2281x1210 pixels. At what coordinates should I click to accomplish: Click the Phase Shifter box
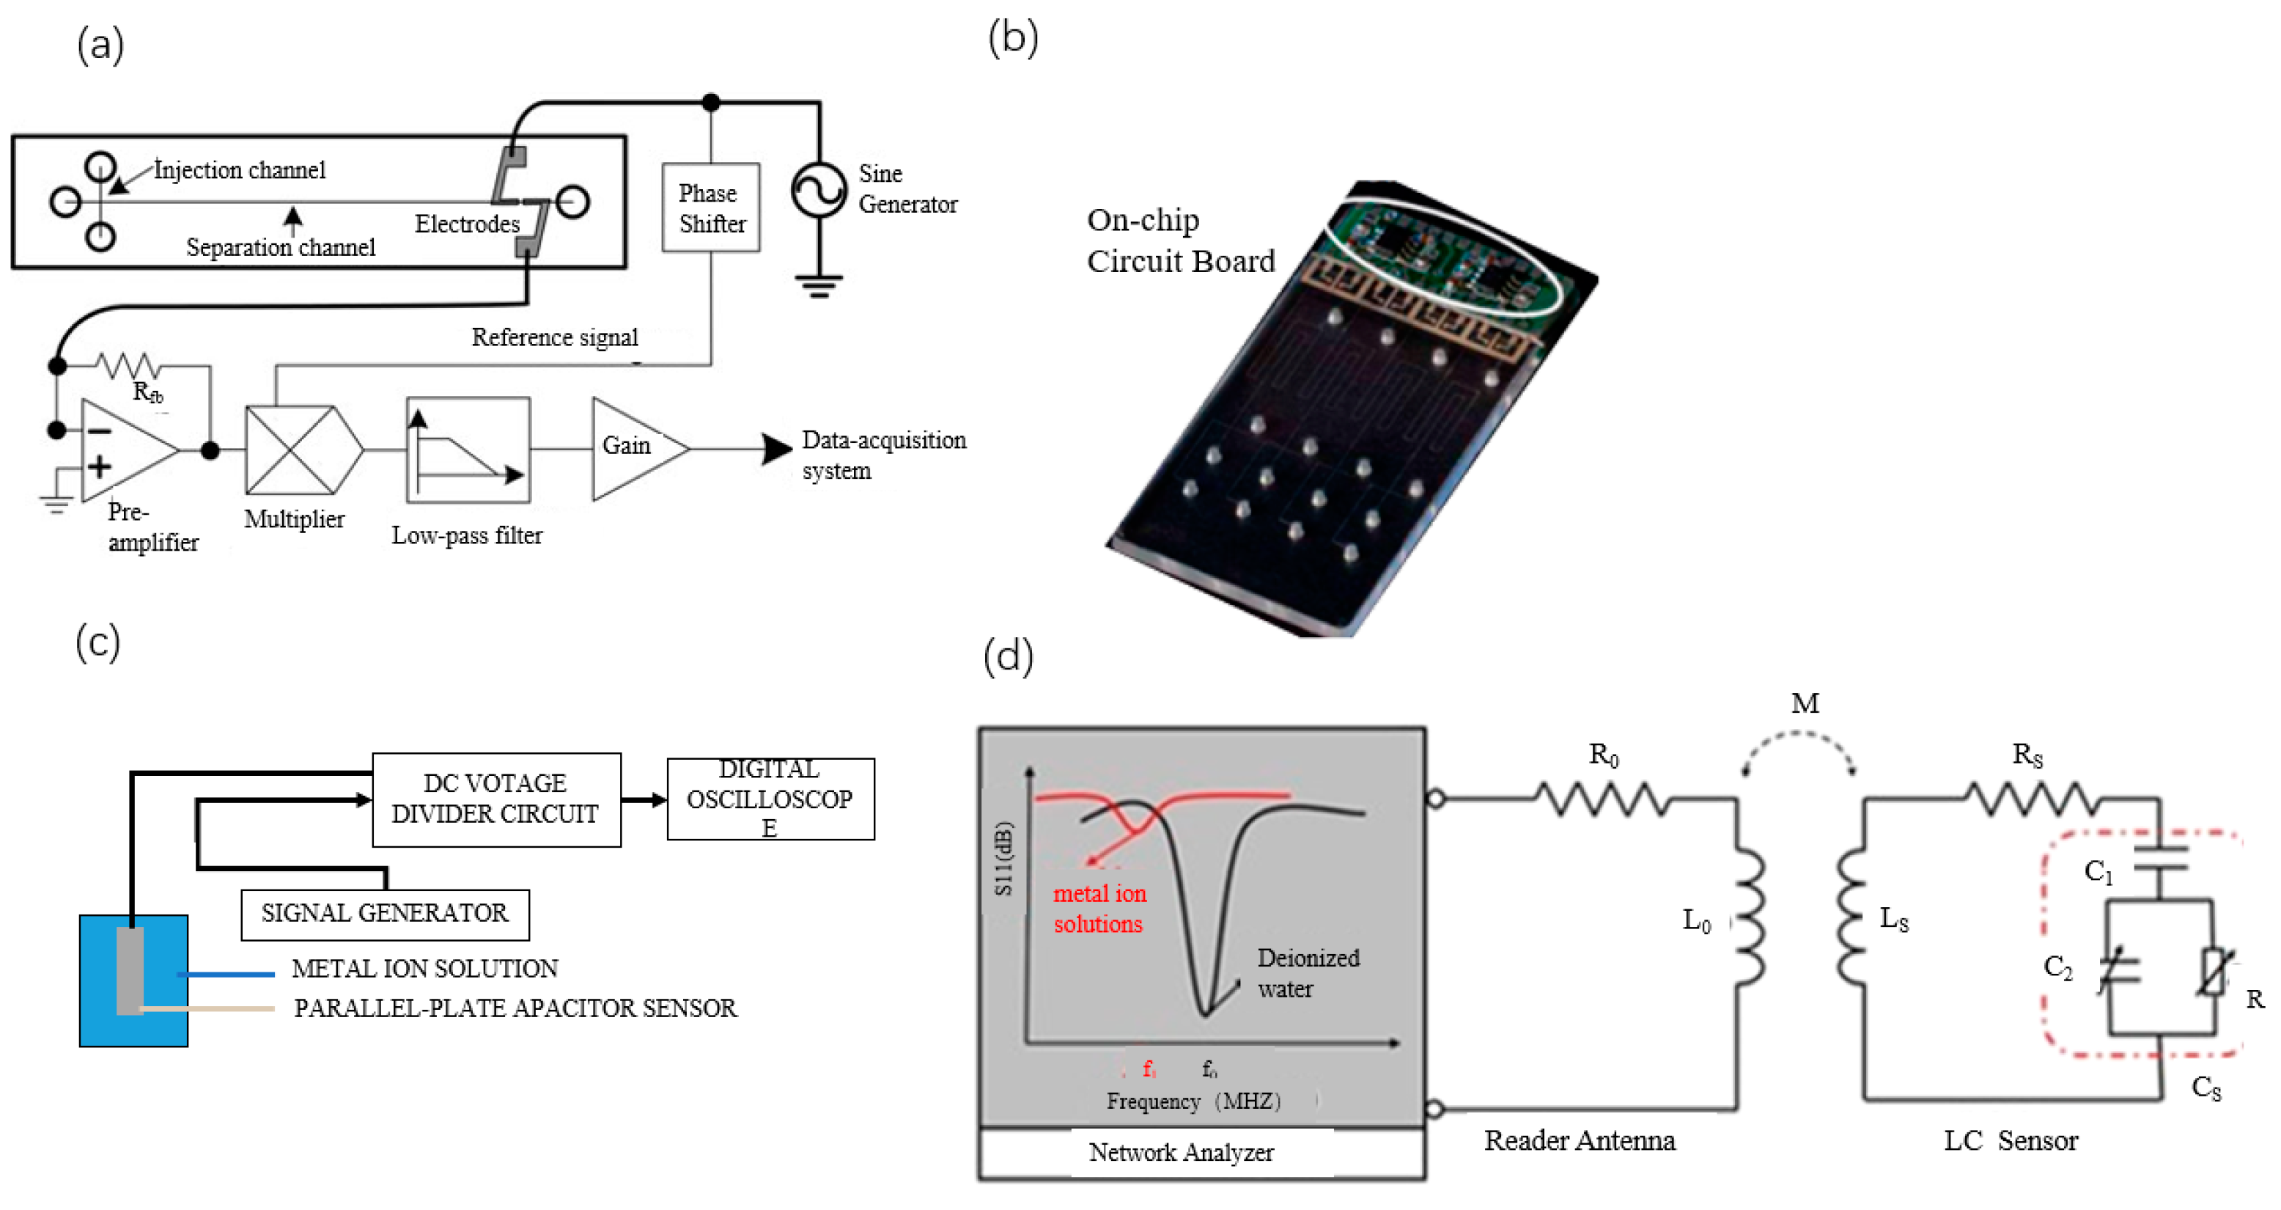[x=710, y=208]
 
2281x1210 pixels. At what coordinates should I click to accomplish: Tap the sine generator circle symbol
[x=819, y=189]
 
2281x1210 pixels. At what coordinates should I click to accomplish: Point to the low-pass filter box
[x=468, y=449]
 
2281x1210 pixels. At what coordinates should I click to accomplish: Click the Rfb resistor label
[x=148, y=392]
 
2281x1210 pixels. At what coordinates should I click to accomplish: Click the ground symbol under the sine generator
[x=818, y=286]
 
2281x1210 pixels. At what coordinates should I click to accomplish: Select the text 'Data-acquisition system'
[x=882, y=455]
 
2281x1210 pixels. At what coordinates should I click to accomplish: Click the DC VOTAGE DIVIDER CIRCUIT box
[x=496, y=799]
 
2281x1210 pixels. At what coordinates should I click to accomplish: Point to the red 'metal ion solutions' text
[x=1099, y=908]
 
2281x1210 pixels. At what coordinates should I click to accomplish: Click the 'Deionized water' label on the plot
[x=1307, y=972]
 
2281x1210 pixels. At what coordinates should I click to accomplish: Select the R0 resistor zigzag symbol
[x=1603, y=799]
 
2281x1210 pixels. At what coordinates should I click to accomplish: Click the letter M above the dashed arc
[x=1805, y=703]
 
